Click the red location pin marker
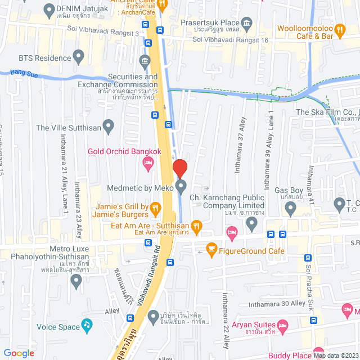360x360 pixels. coord(179,169)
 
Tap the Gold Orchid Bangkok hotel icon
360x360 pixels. coord(148,163)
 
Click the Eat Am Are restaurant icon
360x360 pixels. coord(196,226)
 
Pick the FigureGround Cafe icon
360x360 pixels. coord(211,247)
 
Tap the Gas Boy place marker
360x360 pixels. coord(290,209)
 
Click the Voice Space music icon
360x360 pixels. coord(87,325)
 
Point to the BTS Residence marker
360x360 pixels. coord(79,57)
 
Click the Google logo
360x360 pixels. coord(19,353)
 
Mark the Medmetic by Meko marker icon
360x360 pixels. coord(181,186)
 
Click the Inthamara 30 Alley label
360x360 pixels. coord(278,304)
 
